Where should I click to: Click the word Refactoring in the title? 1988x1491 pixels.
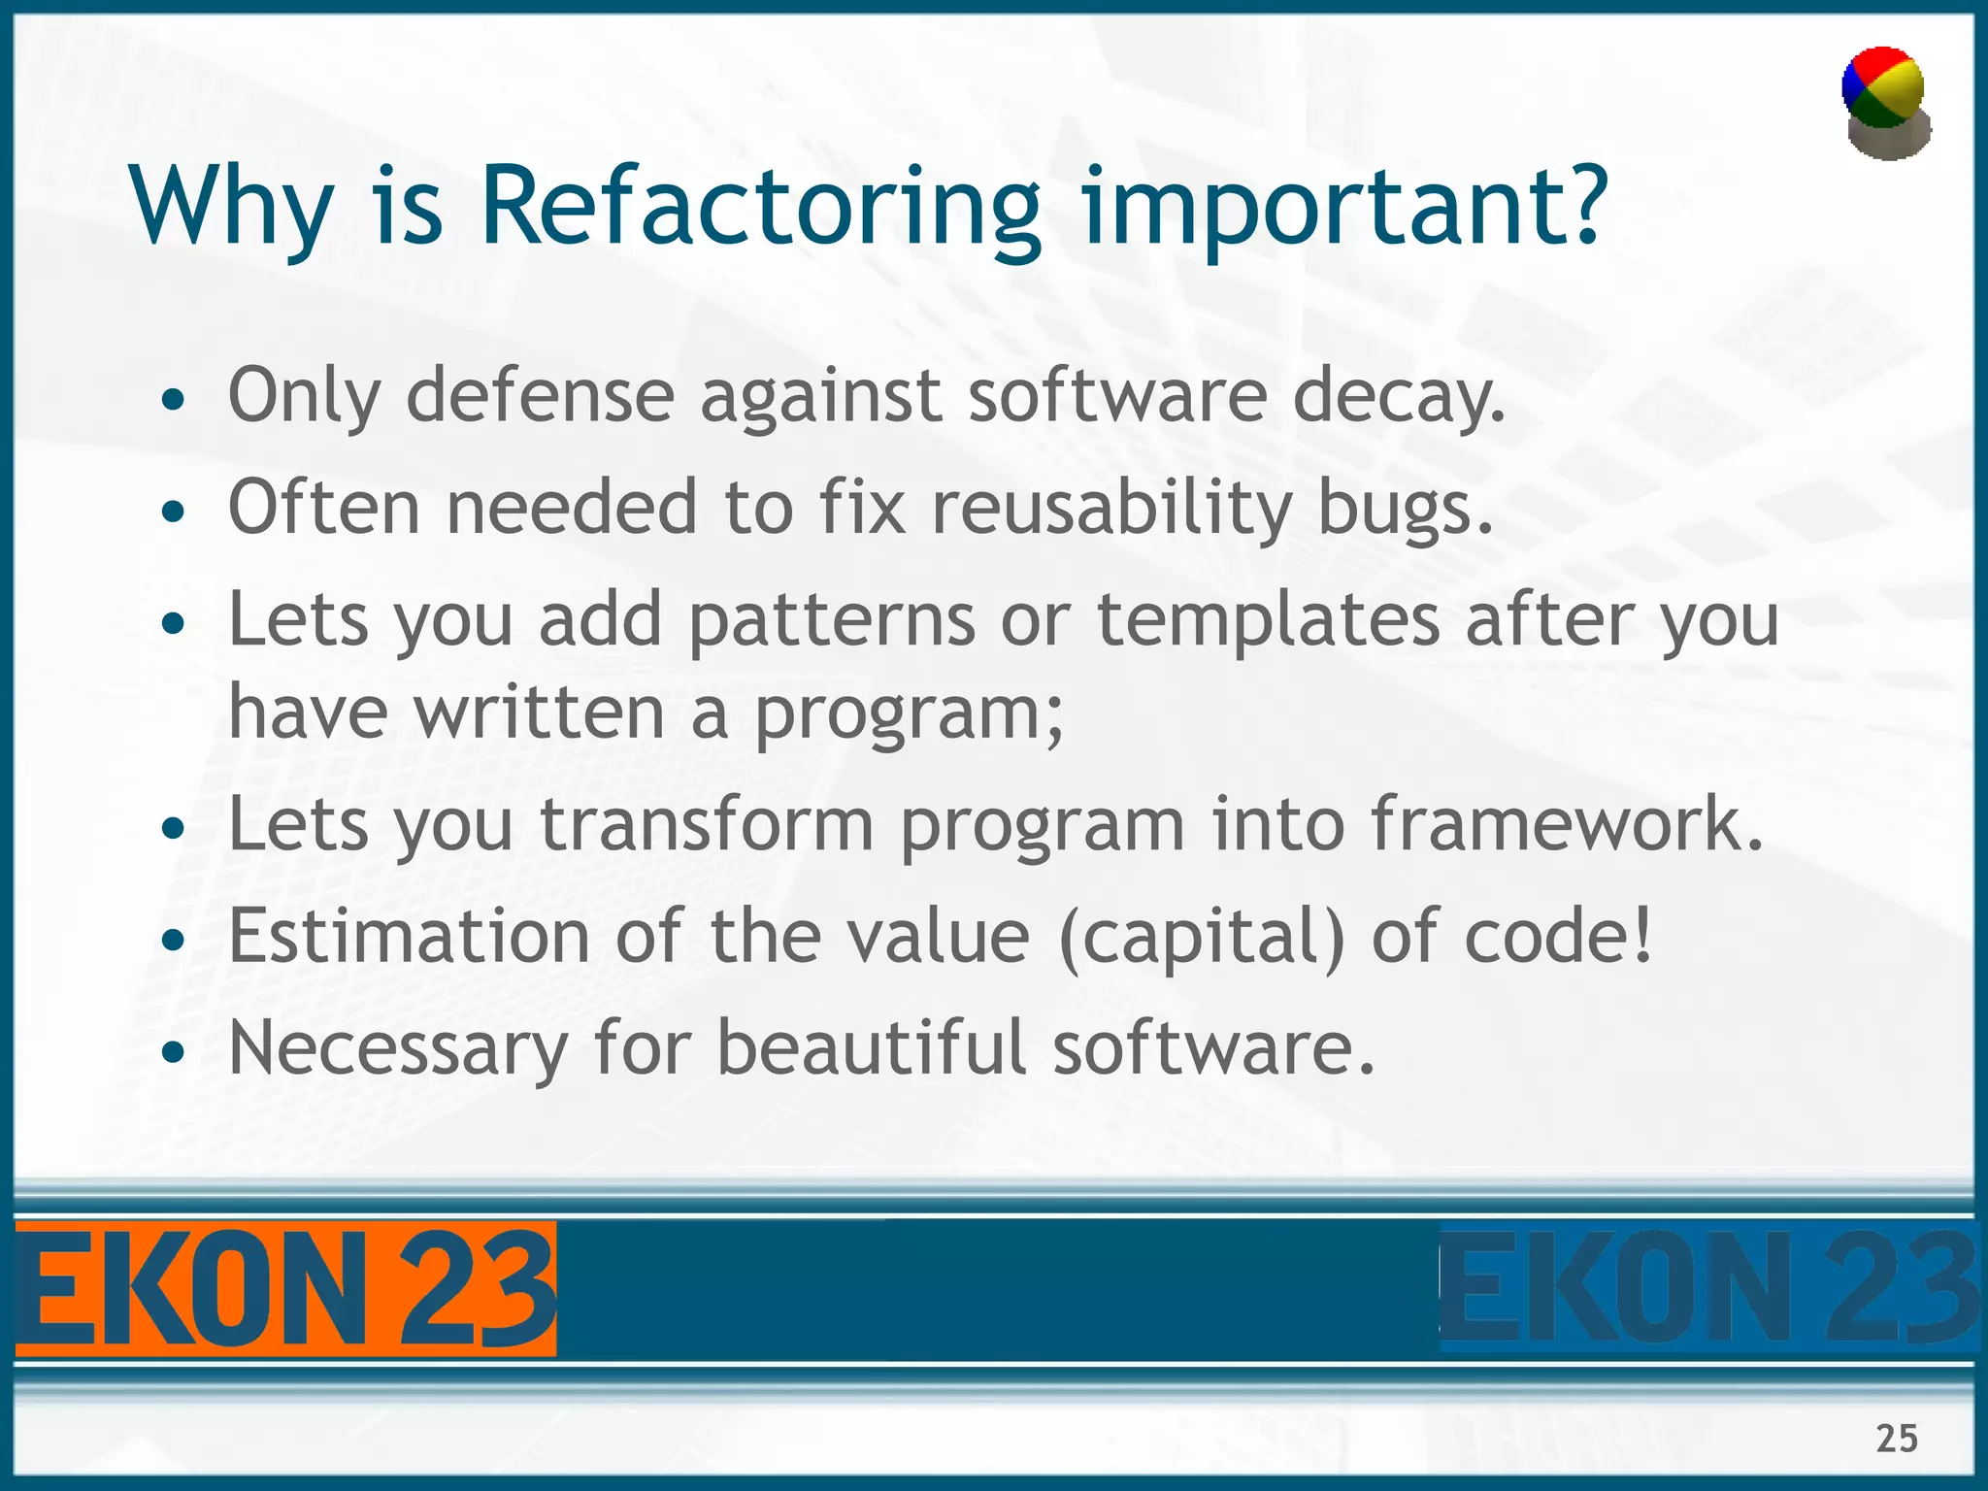[x=760, y=206]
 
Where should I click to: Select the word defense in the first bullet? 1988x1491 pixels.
[x=540, y=396]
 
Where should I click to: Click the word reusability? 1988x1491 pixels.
[x=1111, y=508]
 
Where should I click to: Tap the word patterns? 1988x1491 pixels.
[x=831, y=621]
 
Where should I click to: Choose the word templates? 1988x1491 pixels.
[x=1268, y=621]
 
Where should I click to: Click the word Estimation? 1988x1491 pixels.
[x=409, y=936]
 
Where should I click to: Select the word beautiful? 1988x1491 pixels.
[x=871, y=1048]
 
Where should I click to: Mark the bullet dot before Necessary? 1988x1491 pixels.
[x=173, y=1052]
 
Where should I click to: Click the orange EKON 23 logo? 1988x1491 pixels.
[x=285, y=1289]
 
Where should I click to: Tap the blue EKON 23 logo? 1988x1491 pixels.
[x=1708, y=1289]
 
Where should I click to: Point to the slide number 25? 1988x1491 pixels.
[x=1896, y=1438]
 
